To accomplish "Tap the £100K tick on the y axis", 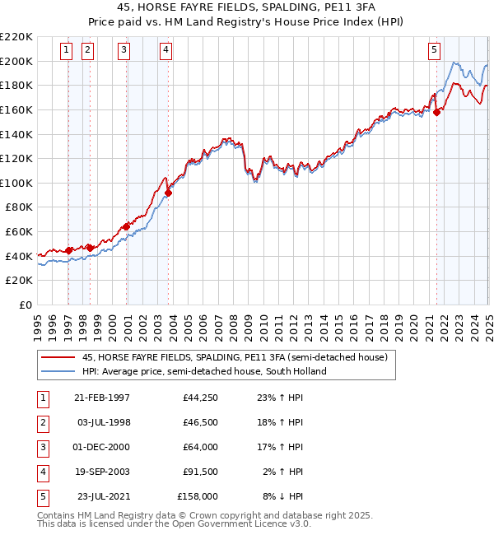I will coord(17,183).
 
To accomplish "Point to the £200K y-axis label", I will coord(17,61).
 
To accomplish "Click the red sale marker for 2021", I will coord(437,113).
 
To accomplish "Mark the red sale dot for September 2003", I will coord(168,193).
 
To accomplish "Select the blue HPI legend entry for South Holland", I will coord(204,371).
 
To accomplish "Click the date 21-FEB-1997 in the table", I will coord(101,398).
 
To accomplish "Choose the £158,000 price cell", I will coord(198,497).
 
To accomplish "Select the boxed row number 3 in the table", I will coord(42,448).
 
